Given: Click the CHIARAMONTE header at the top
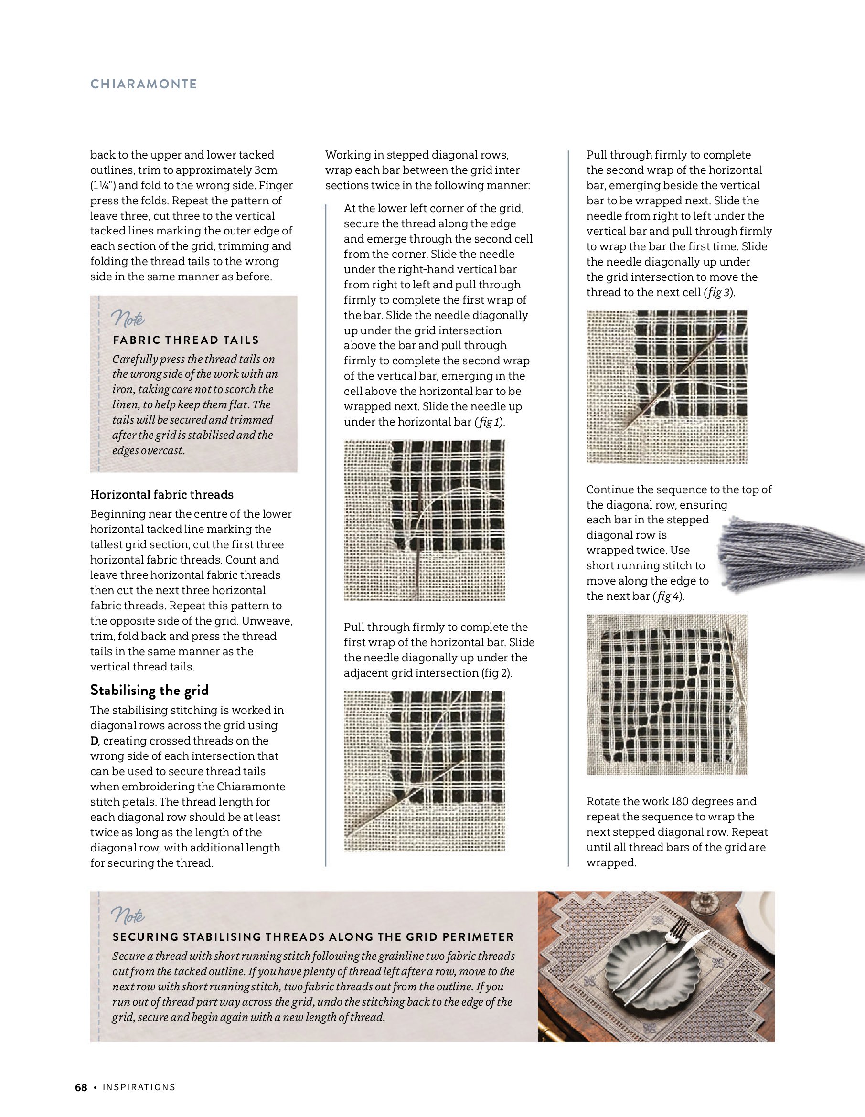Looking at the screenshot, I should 143,84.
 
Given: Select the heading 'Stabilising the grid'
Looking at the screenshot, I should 150,691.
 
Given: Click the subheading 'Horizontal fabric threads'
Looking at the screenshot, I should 161,495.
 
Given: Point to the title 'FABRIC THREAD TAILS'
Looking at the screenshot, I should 186,340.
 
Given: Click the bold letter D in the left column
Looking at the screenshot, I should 94,741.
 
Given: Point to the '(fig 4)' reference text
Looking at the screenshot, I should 669,596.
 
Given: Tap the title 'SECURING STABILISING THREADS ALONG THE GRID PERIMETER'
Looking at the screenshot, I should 313,937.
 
